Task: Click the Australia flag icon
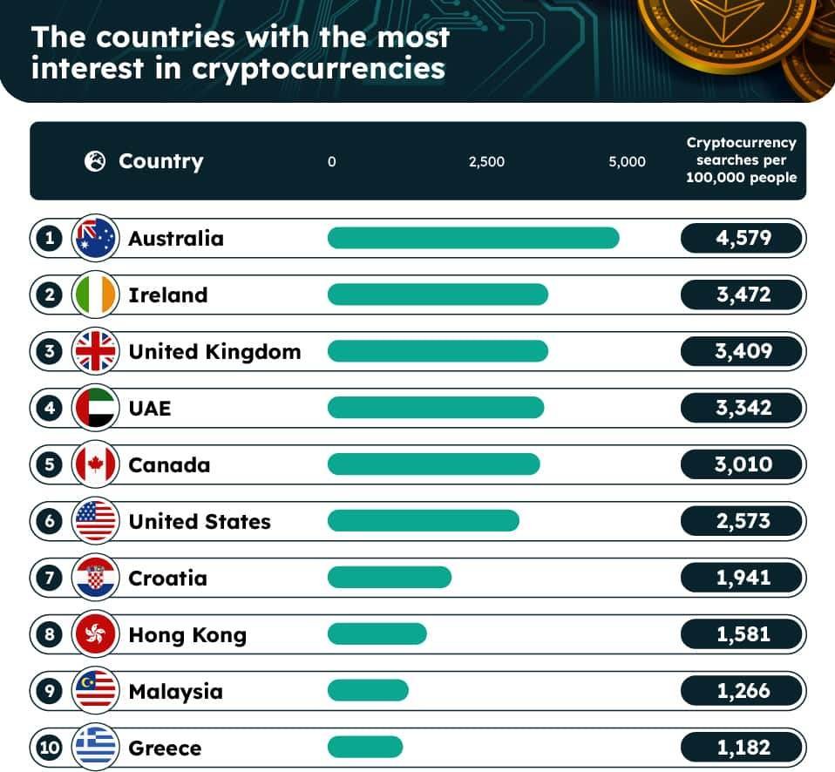coord(95,238)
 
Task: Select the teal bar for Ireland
coord(438,295)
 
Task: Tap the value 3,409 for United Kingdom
coord(743,351)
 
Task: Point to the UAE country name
coord(150,409)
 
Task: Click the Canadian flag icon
coord(95,464)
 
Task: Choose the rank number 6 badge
coord(50,521)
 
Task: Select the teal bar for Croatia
coord(390,578)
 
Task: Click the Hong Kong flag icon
coord(95,634)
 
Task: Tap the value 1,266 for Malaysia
coord(743,691)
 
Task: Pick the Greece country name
coord(165,748)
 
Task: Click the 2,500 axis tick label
coord(486,161)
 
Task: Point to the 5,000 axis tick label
coord(627,161)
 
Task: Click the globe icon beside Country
coord(95,161)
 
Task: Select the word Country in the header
coord(161,161)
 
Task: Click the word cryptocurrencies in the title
coord(318,69)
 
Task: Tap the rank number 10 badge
coord(50,748)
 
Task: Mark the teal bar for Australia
coord(473,238)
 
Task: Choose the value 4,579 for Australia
coord(743,238)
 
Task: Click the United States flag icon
coord(95,521)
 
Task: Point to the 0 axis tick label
coord(332,161)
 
